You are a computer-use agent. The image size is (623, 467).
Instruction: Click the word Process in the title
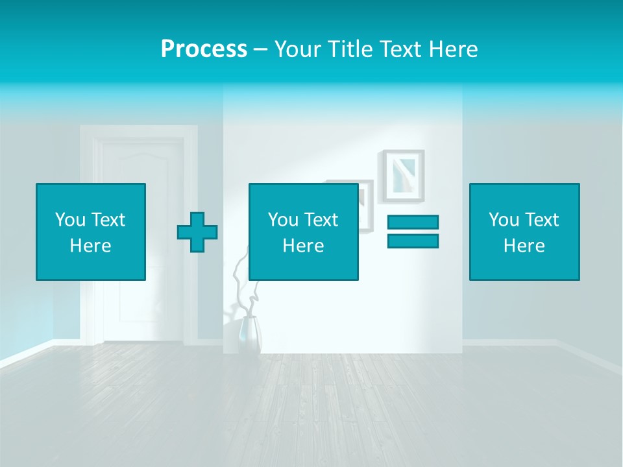tap(204, 49)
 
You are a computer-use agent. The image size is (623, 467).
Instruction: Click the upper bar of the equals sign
tap(413, 222)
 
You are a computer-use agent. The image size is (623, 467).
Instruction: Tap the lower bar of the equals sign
tap(413, 241)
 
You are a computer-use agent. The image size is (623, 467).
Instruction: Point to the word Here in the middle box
tap(304, 246)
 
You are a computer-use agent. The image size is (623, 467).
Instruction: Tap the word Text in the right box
tap(541, 220)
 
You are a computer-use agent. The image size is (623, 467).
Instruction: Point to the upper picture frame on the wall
tap(402, 175)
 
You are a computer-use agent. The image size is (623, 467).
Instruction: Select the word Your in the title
tap(298, 49)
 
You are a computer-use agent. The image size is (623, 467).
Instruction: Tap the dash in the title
tap(260, 49)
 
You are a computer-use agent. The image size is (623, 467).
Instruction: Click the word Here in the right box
tap(524, 246)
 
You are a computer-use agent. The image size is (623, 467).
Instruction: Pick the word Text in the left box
tap(108, 220)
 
